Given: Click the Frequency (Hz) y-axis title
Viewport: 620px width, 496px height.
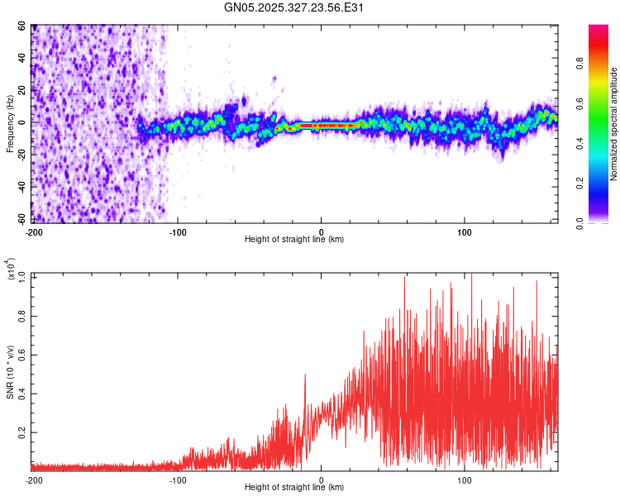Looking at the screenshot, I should tap(11, 124).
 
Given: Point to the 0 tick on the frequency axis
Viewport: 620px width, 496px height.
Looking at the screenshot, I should tap(24, 122).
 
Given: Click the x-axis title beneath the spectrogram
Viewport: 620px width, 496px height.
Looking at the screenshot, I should tap(294, 240).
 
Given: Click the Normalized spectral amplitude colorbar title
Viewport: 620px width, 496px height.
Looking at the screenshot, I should tap(613, 124).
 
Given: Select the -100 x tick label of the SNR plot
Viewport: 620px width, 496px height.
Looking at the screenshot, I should tap(178, 480).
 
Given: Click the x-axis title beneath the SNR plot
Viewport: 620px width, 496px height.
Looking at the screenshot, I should tap(294, 488).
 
